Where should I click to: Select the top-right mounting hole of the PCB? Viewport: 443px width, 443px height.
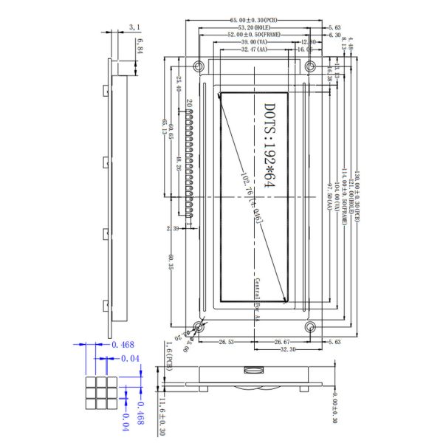311,66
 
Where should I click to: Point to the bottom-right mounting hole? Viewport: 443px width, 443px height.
311,326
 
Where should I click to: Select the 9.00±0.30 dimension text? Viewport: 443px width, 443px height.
334,410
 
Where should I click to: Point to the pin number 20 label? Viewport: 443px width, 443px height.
189,103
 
